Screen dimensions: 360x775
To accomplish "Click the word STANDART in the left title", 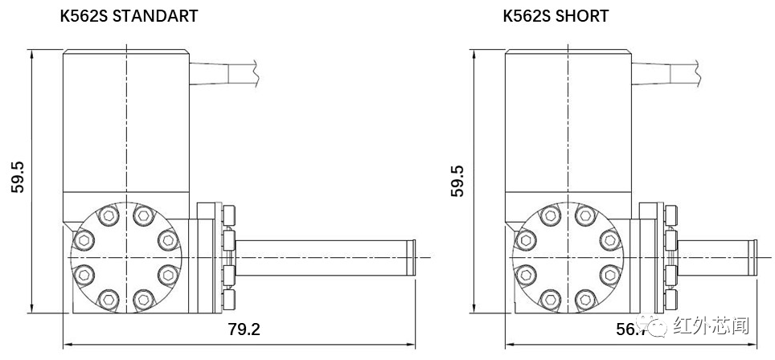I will (154, 16).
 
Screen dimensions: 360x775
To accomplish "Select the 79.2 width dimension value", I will (245, 329).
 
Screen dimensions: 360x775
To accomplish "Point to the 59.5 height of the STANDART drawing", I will (18, 178).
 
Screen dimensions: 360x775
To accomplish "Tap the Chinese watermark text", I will (711, 326).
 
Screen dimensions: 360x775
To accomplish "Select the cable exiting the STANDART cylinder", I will (225, 72).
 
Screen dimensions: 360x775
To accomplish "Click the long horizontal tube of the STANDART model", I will (322, 256).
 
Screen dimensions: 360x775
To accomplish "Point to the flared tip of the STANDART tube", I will (412, 256).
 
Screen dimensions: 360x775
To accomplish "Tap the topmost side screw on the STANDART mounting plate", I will (232, 215).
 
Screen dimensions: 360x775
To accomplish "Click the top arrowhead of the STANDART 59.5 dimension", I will (31, 53).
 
